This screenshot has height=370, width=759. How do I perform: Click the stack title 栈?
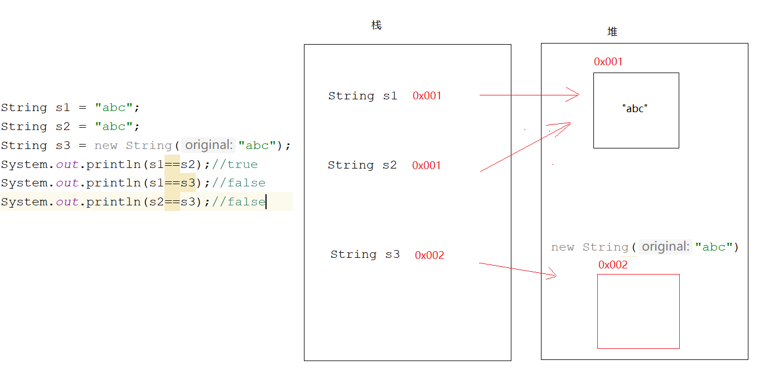(x=376, y=26)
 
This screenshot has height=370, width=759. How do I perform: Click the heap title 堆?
(x=612, y=32)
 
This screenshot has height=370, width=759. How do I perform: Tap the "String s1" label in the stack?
(x=362, y=96)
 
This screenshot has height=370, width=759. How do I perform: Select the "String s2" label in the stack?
(x=362, y=165)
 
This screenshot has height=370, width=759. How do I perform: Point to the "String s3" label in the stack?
(x=365, y=254)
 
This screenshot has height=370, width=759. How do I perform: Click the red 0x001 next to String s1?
(x=427, y=96)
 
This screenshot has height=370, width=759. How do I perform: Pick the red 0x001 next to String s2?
(x=426, y=166)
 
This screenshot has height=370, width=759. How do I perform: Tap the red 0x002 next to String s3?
(x=429, y=256)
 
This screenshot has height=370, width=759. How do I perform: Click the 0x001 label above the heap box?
(x=608, y=62)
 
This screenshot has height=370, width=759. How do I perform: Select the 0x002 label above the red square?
(x=613, y=265)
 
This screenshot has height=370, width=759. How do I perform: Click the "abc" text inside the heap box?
(x=635, y=109)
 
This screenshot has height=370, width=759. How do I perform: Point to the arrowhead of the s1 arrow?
(x=577, y=95)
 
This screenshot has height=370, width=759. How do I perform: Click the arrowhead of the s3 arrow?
(x=554, y=274)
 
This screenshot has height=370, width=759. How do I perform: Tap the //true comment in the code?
(x=235, y=165)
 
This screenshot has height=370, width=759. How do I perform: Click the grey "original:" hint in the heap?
(x=665, y=247)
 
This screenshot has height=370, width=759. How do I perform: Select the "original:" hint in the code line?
(x=209, y=146)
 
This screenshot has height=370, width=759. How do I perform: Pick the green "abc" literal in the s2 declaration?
(x=114, y=127)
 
